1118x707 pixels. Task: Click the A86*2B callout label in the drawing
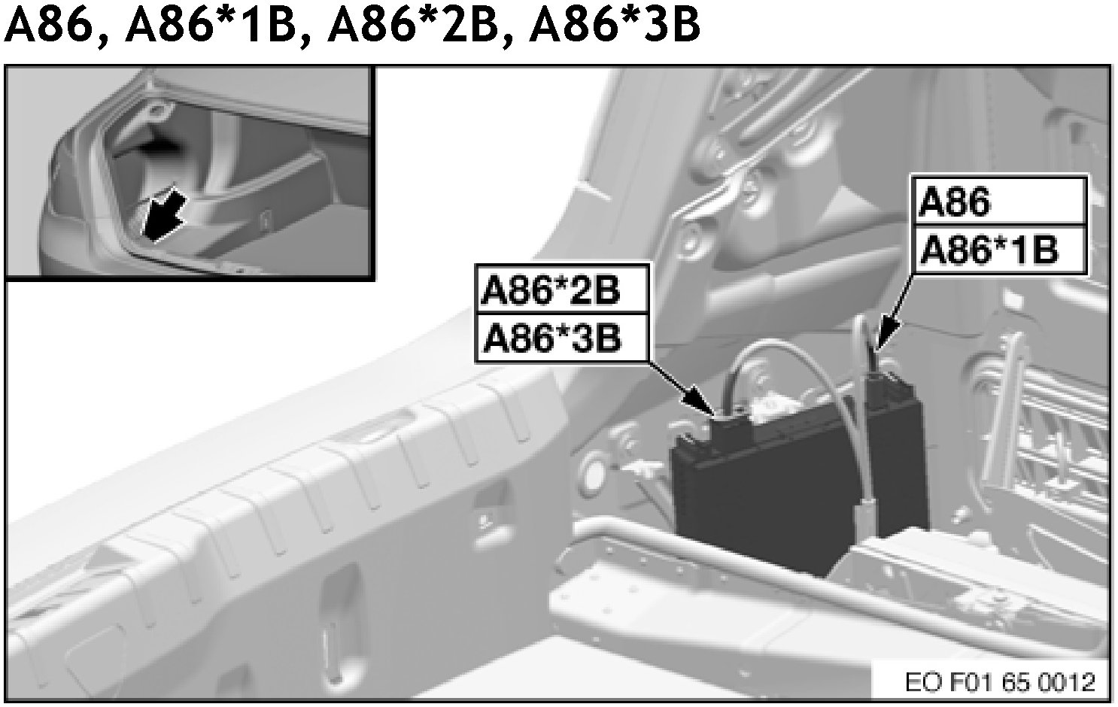(549, 291)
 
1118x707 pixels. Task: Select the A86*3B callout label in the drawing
(552, 338)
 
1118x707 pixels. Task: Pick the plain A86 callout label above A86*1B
(954, 202)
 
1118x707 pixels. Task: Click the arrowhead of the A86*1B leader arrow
(886, 331)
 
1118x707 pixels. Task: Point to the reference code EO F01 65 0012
(1000, 682)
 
